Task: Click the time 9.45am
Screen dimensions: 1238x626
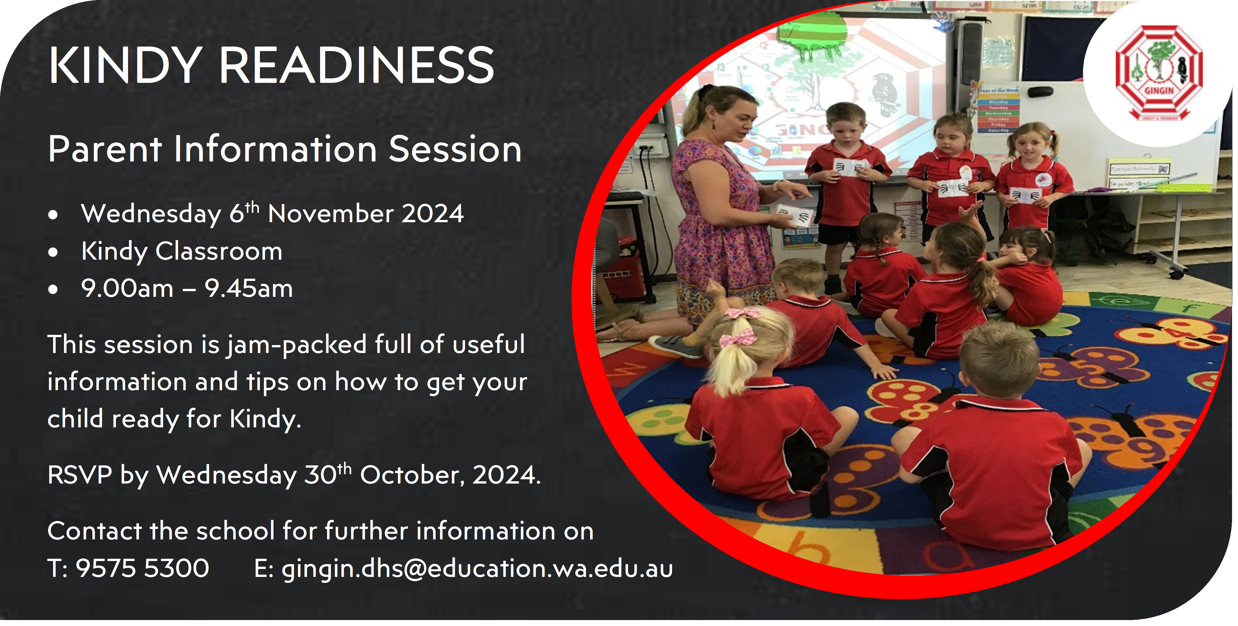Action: point(249,289)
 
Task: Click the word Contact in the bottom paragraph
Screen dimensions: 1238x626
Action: point(95,531)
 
